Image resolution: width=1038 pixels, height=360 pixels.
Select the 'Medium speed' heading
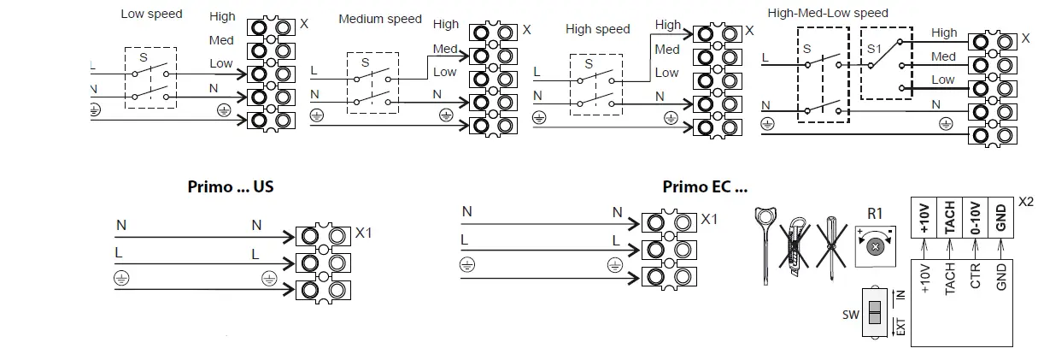point(380,19)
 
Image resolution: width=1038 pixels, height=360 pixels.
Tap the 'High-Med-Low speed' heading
point(827,13)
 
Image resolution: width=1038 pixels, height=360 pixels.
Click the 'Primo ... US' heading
point(230,186)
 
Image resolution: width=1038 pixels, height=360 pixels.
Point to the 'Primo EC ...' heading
point(704,186)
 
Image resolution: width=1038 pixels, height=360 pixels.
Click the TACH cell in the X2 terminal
point(949,219)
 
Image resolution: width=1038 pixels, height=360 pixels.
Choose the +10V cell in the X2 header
point(925,219)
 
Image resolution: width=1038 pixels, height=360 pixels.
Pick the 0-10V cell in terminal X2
point(975,219)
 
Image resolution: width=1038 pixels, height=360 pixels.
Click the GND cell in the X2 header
point(1000,219)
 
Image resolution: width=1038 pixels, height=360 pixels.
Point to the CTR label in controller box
point(975,280)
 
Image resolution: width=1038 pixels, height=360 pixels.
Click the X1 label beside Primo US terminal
point(364,232)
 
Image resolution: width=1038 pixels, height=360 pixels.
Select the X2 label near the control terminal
point(1026,203)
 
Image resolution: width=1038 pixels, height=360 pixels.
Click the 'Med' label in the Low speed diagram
point(221,40)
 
